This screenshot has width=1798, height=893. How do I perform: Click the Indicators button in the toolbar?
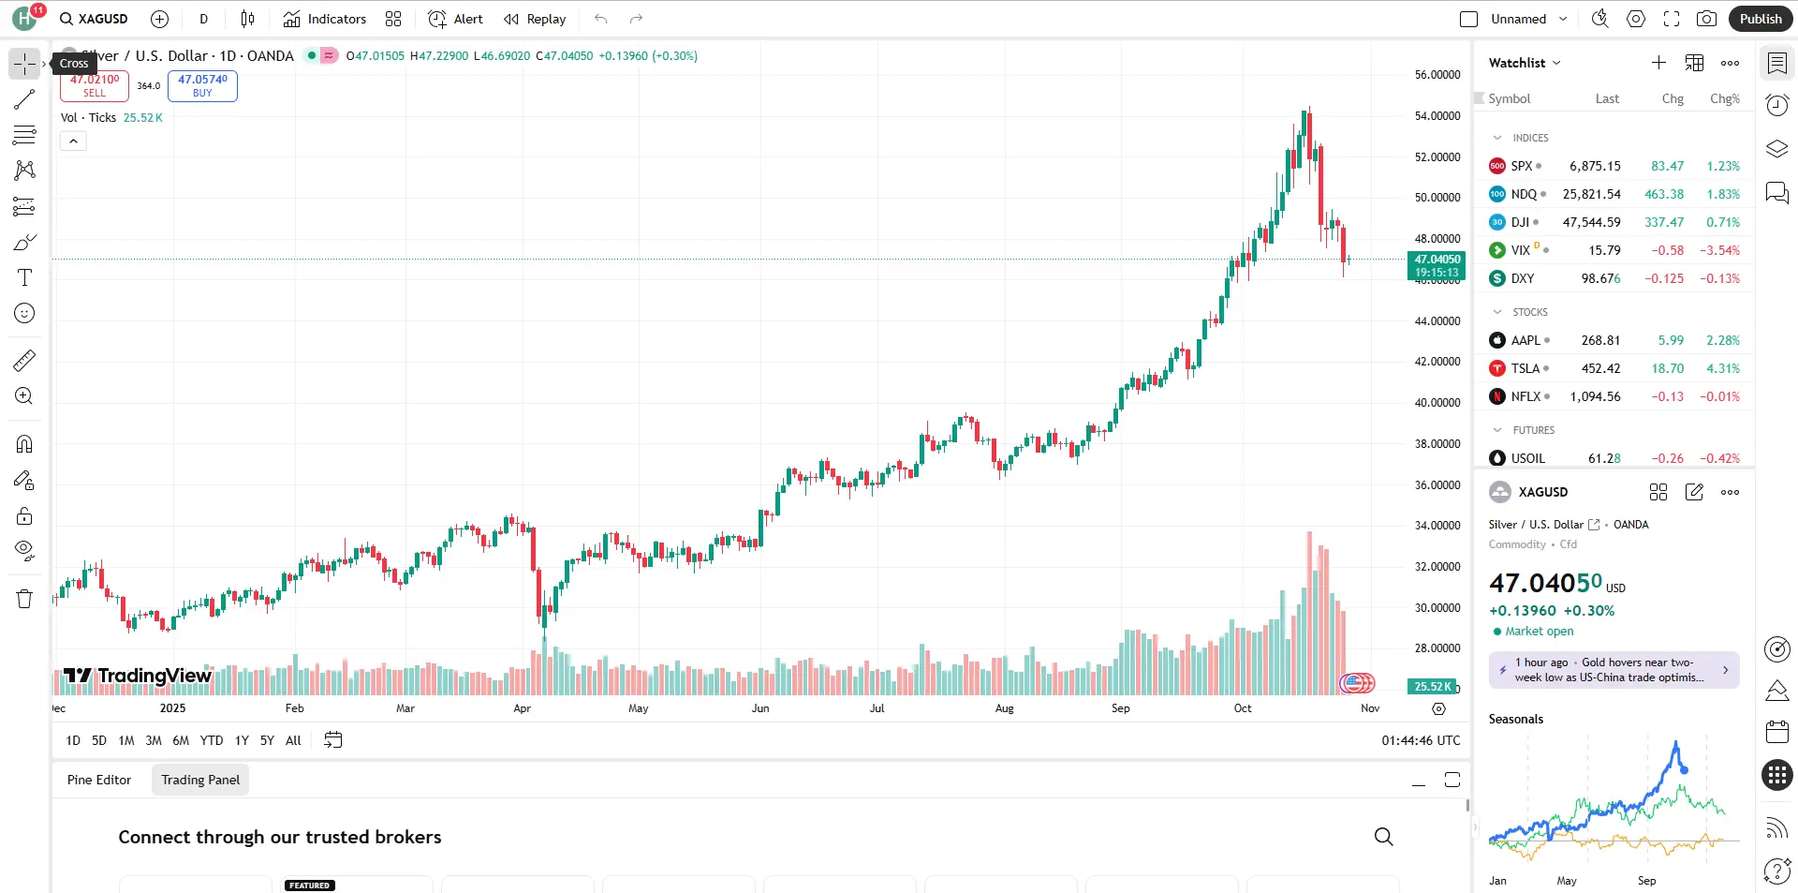[325, 19]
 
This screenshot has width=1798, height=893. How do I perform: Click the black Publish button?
[1760, 19]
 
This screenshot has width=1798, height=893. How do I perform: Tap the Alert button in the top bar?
[456, 19]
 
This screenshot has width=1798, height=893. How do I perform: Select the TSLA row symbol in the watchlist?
[1525, 368]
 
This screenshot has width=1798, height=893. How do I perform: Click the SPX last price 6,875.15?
[1595, 166]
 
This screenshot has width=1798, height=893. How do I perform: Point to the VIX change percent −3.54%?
[1719, 250]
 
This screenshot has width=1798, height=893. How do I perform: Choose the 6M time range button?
[181, 740]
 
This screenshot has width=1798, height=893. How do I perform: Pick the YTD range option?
[212, 740]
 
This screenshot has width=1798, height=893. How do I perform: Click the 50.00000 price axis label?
[1437, 198]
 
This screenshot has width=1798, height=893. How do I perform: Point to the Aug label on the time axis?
[1004, 708]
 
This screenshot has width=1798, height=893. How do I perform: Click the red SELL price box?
[95, 85]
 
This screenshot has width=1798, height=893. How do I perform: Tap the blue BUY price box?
[202, 85]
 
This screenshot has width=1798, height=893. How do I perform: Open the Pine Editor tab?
[99, 780]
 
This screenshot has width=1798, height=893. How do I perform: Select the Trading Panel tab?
[200, 780]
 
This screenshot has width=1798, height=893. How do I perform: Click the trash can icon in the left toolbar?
[24, 599]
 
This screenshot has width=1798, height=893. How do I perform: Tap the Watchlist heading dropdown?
[1525, 63]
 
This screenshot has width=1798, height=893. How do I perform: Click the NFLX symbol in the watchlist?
[1525, 396]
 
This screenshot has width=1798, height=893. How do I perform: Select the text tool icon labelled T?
[24, 277]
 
